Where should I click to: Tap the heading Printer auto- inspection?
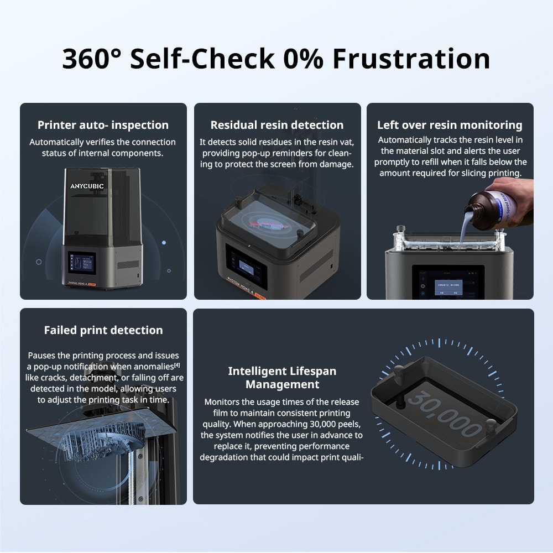[x=103, y=125]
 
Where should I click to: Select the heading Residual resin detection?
[x=277, y=125]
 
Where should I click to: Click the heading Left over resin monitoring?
[x=450, y=125]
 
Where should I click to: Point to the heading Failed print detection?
[x=103, y=330]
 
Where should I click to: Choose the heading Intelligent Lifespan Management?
[x=282, y=377]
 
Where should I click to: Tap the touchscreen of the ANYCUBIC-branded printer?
[x=82, y=263]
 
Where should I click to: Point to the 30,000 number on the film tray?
[x=445, y=412]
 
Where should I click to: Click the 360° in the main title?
[x=91, y=59]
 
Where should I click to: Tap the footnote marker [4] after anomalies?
[x=176, y=365]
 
